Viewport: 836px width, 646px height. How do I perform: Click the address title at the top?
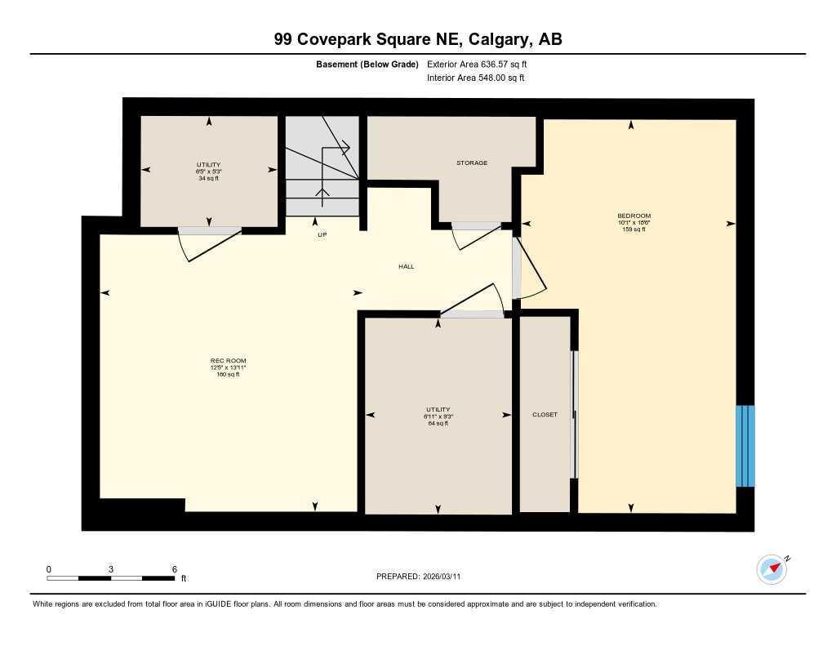point(418,39)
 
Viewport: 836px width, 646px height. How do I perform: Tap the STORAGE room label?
point(471,163)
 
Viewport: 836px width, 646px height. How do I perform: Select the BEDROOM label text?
point(634,216)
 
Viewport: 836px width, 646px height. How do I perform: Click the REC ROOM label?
point(228,361)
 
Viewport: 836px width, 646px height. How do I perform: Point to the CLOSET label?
point(545,415)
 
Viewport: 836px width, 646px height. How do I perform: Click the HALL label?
point(406,266)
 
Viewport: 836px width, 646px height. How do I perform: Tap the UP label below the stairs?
point(322,234)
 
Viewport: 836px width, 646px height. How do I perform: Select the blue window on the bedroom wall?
point(745,446)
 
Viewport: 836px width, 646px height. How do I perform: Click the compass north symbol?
point(772,569)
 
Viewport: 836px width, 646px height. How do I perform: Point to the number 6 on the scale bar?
point(175,568)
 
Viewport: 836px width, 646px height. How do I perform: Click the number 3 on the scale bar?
point(110,568)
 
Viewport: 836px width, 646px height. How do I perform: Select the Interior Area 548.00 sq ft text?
point(475,78)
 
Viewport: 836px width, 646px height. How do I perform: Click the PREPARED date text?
point(423,577)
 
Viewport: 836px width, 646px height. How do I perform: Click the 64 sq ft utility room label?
point(438,423)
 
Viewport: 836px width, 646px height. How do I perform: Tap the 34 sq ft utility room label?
point(209,178)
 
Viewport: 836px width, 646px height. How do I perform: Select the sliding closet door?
point(574,415)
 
